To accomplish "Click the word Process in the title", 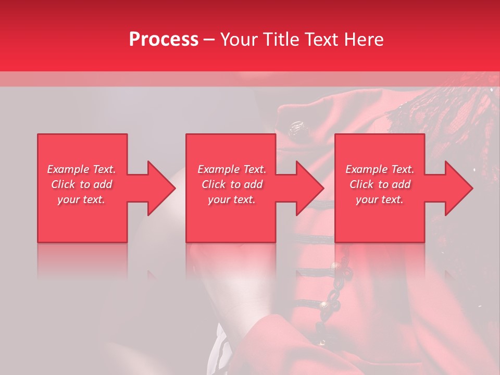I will tap(164, 40).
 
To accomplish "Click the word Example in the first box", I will tap(67, 169).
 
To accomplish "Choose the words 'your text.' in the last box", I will tap(379, 199).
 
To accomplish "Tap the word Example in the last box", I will tap(366, 169).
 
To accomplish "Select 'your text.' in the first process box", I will tap(81, 199).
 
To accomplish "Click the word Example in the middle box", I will tap(217, 169).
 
